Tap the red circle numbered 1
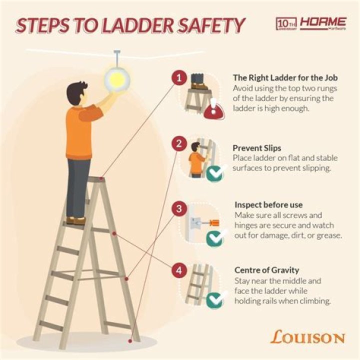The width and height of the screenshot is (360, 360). tap(179, 77)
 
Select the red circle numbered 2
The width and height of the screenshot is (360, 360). tap(179, 144)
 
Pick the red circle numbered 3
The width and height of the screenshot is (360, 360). tap(179, 208)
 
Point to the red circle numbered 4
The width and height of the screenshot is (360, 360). tap(179, 271)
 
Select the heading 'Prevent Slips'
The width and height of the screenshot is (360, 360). tap(256, 148)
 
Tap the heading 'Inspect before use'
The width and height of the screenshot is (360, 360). tap(268, 205)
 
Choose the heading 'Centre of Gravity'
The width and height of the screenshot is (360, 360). tap(266, 270)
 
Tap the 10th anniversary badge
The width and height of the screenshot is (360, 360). tap(287, 23)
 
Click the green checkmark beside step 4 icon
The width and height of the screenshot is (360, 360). tap(214, 300)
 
